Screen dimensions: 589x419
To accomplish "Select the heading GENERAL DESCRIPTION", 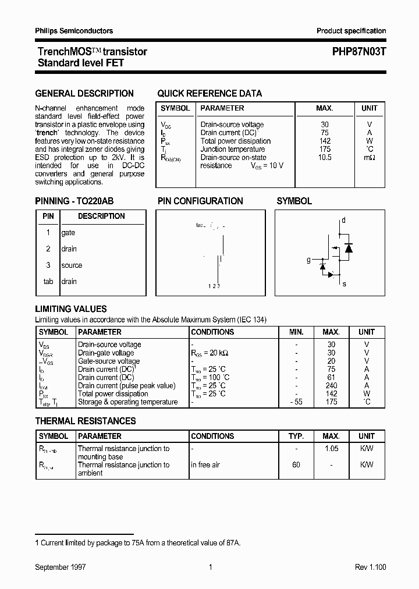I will point(84,93).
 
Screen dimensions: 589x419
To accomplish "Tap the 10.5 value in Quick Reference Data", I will point(325,157).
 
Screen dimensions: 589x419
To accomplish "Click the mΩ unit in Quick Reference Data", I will point(369,157).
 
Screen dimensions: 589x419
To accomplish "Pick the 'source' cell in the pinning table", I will point(72,265).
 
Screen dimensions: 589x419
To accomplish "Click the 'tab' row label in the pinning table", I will point(48,282).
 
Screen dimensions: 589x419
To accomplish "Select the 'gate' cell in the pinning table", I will point(68,233).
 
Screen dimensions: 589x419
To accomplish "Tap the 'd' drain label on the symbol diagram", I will point(343,220).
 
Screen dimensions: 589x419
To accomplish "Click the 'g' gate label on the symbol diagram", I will point(309,260).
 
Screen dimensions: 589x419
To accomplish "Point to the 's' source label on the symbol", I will point(344,283).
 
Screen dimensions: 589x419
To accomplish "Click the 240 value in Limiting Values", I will point(331,386).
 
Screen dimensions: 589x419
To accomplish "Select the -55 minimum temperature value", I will point(296,402).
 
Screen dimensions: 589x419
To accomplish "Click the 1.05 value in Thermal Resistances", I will point(331,449).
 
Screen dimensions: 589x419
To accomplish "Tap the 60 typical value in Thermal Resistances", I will point(296,465).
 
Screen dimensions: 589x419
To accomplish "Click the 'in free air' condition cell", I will point(205,465).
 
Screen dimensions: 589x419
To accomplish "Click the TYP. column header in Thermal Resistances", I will point(296,436).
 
